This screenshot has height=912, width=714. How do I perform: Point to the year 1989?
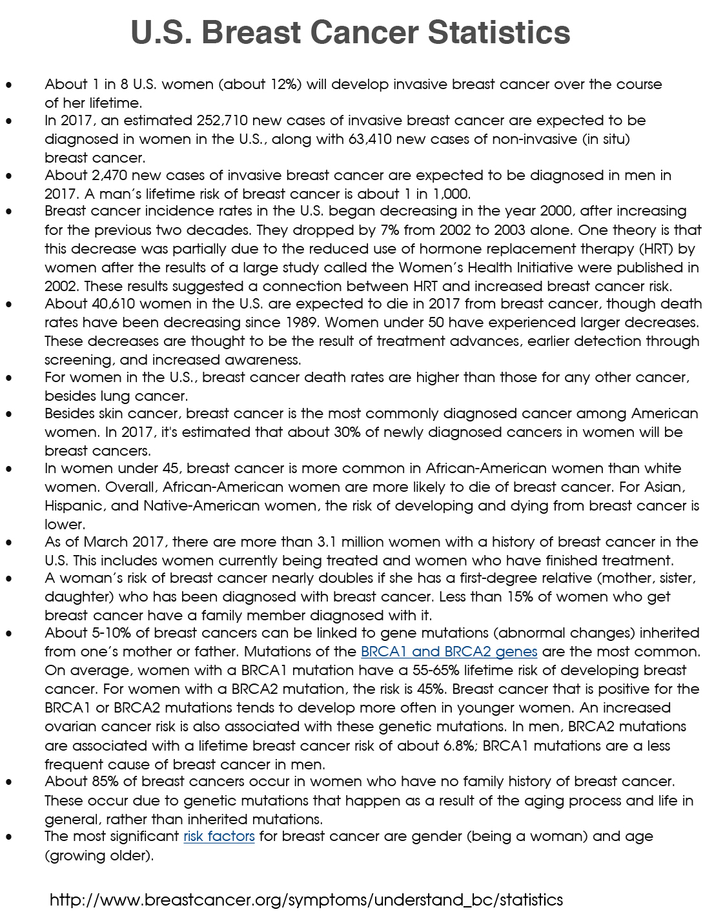[327, 323]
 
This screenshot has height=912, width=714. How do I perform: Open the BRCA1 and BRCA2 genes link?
[449, 652]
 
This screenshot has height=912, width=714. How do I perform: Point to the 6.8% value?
[459, 746]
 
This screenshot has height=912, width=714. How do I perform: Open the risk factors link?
[219, 836]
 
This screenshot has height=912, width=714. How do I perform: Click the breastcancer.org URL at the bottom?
[306, 900]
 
